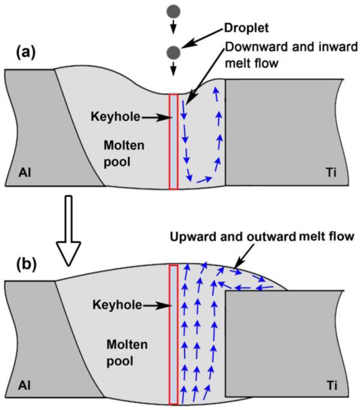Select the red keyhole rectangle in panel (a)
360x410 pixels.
click(x=174, y=141)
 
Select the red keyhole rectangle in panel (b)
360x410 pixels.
click(x=174, y=334)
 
